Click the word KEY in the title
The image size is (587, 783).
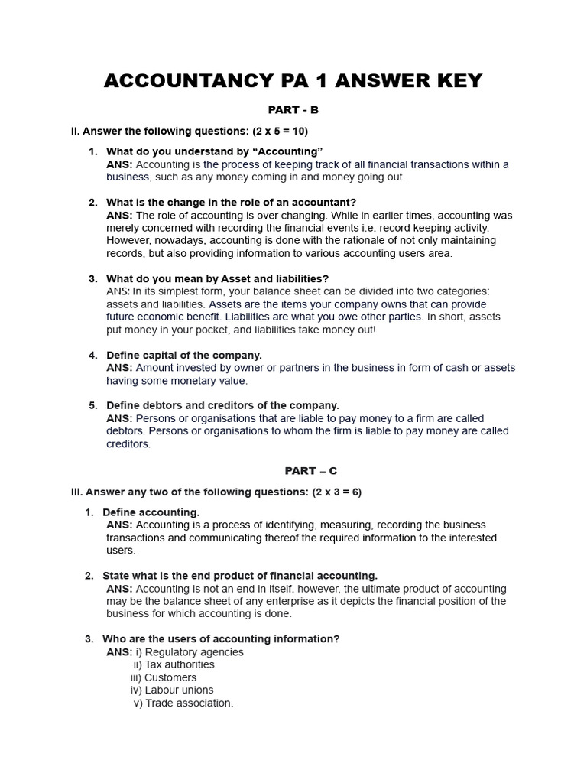pos(451,81)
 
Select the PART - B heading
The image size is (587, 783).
pos(293,110)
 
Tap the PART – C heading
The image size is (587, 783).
pos(293,471)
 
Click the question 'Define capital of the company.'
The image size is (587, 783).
pos(183,355)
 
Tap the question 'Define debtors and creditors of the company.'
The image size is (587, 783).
pos(222,405)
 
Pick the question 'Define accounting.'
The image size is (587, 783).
pos(151,512)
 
